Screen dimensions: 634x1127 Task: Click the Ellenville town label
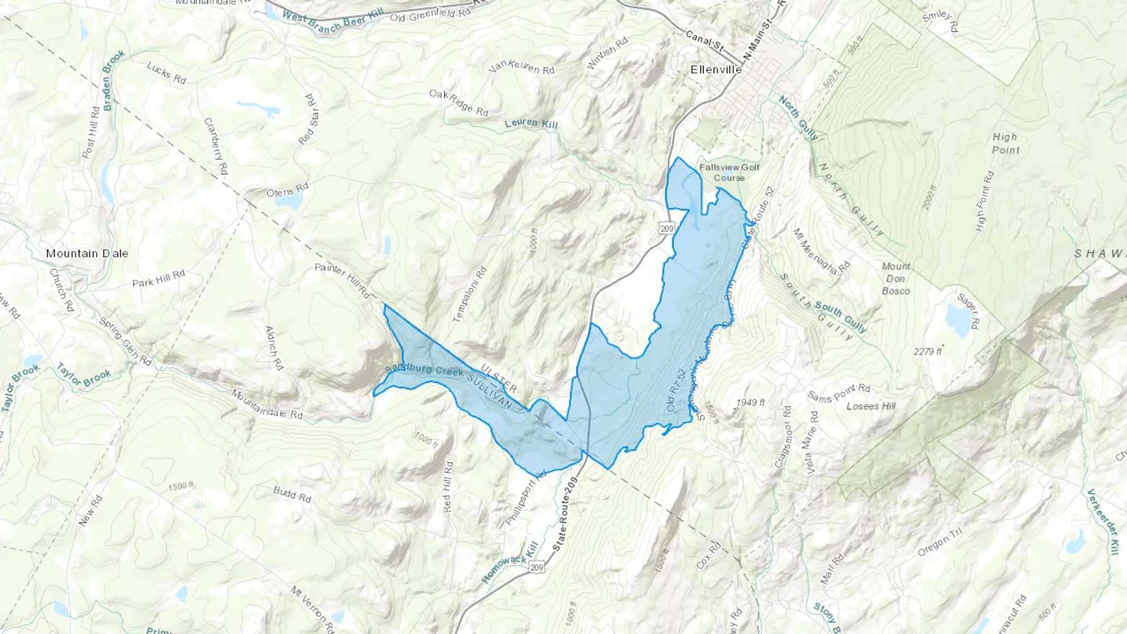tap(716, 69)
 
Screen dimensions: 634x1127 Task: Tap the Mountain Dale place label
tap(87, 253)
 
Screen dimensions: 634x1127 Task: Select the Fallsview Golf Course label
tap(729, 172)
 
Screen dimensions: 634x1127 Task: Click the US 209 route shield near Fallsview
tap(667, 229)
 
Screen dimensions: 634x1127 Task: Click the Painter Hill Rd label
tap(342, 280)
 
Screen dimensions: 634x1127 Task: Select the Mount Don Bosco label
tap(896, 279)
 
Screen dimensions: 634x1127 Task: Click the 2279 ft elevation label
tap(927, 352)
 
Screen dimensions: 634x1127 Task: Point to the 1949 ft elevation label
tap(750, 402)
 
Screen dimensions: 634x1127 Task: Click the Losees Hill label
tap(871, 406)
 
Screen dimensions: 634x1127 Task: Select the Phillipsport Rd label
tap(525, 498)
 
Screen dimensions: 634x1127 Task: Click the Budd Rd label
tap(292, 494)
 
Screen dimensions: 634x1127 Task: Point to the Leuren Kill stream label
tap(531, 123)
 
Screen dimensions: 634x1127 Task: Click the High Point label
tap(1006, 143)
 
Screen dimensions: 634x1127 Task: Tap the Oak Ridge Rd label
tap(458, 103)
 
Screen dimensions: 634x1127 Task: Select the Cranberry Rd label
tap(215, 146)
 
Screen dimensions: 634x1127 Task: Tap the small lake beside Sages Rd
tap(957, 320)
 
